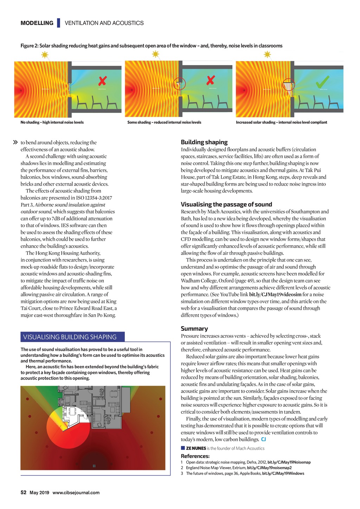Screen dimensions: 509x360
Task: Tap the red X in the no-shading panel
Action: (102, 82)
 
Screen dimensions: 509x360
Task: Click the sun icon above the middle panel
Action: (155, 54)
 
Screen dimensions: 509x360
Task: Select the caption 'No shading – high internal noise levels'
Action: (52, 122)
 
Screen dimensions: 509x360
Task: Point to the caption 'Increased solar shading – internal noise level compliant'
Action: (281, 122)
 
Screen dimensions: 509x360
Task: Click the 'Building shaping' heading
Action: (204, 142)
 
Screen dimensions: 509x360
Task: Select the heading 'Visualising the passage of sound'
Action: (226, 204)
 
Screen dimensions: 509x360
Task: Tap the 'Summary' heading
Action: (194, 328)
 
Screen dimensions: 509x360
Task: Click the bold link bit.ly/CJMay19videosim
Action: (275, 294)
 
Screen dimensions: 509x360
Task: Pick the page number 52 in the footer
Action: (24, 492)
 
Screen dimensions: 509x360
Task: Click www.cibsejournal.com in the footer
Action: (76, 492)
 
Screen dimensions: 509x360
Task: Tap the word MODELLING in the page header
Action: (37, 23)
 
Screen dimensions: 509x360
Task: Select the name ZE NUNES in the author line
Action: (196, 448)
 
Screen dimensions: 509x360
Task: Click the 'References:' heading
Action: (195, 456)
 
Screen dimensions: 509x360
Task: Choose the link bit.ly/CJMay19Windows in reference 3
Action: (283, 473)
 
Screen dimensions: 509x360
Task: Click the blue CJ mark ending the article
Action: (264, 439)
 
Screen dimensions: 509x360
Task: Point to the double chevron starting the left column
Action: (15, 142)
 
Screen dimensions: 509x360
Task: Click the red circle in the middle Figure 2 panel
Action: (179, 83)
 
